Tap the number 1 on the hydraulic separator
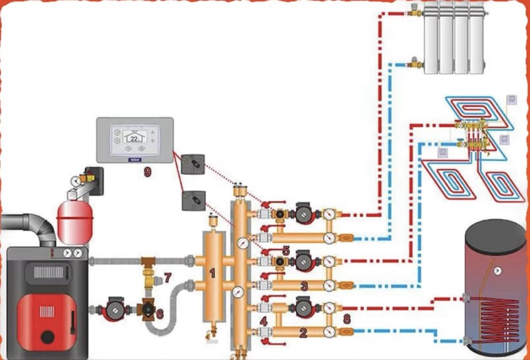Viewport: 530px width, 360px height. (x=213, y=273)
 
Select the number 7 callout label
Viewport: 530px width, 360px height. (x=168, y=277)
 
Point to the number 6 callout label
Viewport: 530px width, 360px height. (x=160, y=314)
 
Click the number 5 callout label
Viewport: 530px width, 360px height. (x=286, y=250)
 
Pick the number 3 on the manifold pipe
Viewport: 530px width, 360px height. (x=304, y=286)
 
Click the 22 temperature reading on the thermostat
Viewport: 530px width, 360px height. (x=134, y=138)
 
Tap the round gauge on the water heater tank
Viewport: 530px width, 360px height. (x=498, y=271)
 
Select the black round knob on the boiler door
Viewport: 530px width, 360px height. (x=48, y=336)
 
